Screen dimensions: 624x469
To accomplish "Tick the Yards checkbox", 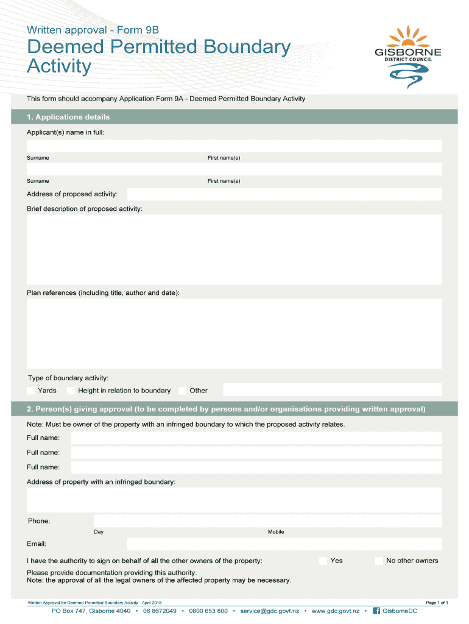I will (31, 391).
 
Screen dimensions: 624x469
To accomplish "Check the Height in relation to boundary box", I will (71, 391).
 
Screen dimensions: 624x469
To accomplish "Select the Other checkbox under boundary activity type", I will (183, 391).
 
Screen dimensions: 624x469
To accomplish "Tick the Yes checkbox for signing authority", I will (323, 561).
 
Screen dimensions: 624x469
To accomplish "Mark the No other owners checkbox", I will (379, 561).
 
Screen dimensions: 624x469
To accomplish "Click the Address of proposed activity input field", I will (284, 194).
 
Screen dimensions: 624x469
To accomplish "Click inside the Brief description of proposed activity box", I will (234, 249).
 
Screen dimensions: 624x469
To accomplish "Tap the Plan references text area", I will (234, 333).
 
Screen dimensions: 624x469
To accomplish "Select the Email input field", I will (284, 544).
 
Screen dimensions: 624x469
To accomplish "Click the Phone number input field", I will (267, 521).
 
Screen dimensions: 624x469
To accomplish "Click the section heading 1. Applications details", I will (68, 117).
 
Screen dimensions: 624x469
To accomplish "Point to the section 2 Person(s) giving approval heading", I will (226, 409).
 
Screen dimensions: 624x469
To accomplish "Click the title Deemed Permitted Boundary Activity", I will (158, 56).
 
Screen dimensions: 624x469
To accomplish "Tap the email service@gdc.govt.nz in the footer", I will (269, 611).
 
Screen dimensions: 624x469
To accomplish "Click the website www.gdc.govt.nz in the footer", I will (335, 611).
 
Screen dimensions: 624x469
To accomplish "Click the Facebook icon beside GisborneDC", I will (376, 611).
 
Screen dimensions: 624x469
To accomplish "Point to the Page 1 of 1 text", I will (437, 603).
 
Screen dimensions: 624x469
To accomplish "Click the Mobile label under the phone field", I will (276, 532).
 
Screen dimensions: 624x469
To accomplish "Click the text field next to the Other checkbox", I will (333, 390).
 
